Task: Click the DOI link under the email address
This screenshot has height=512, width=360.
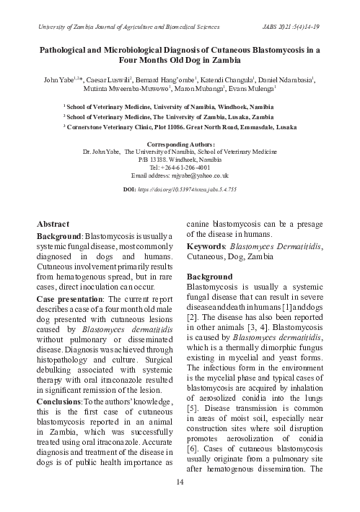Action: (180, 188)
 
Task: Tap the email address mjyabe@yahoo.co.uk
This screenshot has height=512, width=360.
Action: (180, 175)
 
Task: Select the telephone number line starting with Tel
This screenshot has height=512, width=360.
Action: (180, 168)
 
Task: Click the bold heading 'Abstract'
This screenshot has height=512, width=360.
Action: (53, 225)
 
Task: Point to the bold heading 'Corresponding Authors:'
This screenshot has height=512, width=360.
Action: (180, 144)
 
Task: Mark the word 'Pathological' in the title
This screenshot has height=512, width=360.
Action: (68, 51)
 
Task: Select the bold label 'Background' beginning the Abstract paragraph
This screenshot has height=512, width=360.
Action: (60, 236)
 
